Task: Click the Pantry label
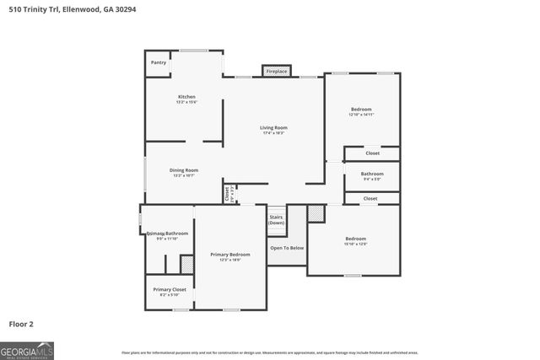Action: pos(159,62)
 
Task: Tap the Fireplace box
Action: pos(277,72)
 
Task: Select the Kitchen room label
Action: pos(186,97)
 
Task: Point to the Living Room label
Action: pos(273,127)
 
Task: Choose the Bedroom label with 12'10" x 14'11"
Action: pos(361,110)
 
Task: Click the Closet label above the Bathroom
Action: pos(372,153)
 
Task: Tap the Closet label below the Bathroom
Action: pos(370,198)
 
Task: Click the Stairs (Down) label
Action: pos(276,220)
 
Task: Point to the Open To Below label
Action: pos(287,247)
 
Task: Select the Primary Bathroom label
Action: pos(167,234)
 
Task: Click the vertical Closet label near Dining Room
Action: pos(228,193)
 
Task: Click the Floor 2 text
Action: pos(21,324)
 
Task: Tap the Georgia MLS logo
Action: pos(27,350)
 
